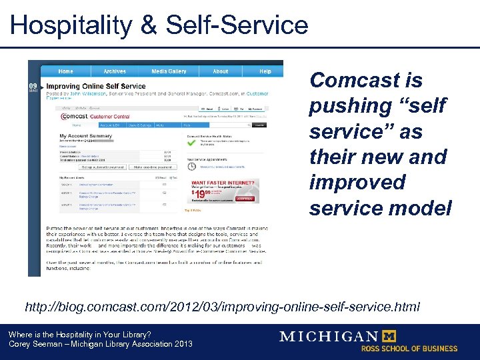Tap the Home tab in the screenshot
[x=65, y=71]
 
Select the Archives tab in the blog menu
[x=115, y=71]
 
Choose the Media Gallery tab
[x=169, y=71]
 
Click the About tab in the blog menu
[x=221, y=71]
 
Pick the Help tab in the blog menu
[x=265, y=71]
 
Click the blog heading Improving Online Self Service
[x=95, y=86]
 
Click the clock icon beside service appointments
[x=191, y=167]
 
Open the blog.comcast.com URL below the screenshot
[x=222, y=307]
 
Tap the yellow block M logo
[x=387, y=336]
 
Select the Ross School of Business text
[x=409, y=349]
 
